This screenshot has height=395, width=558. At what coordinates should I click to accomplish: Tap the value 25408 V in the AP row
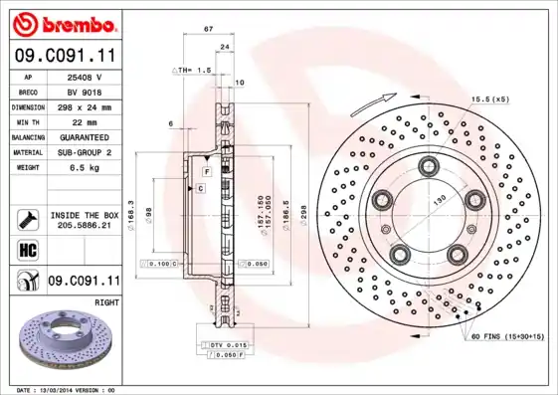tap(86, 77)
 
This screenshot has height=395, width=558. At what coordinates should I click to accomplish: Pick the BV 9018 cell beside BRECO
tap(86, 91)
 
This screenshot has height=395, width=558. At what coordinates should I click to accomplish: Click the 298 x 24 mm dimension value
tap(86, 106)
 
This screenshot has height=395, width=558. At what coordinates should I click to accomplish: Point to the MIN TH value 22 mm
tap(86, 121)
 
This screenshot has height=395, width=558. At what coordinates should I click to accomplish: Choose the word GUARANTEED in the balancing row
tap(86, 136)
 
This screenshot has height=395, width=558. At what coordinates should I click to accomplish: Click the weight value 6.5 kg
tap(86, 167)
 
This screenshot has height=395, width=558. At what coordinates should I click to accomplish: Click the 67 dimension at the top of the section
tap(208, 31)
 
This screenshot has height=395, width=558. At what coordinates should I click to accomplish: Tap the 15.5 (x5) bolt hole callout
tap(489, 99)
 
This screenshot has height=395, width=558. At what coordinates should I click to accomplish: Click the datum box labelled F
tap(191, 173)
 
